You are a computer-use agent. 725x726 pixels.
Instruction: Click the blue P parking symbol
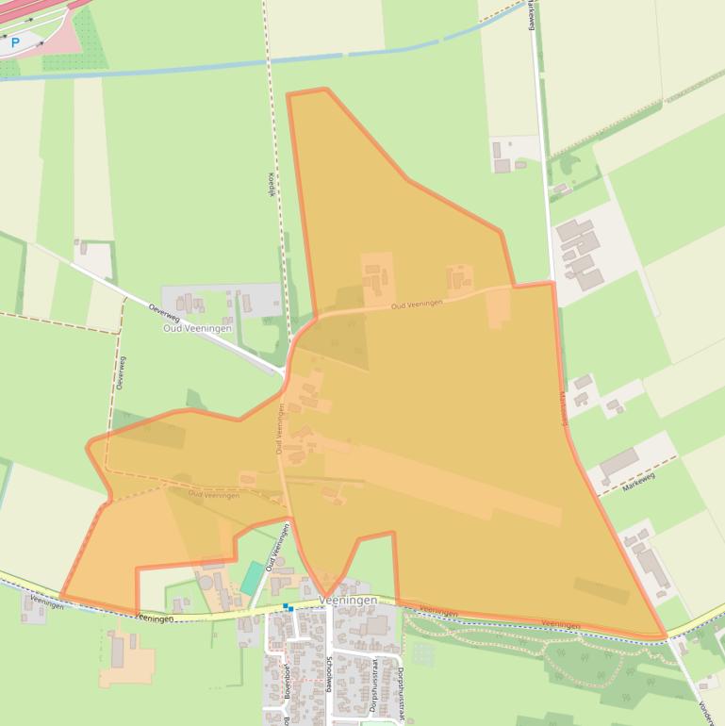(15, 42)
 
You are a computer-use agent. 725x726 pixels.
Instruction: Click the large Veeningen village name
(348, 601)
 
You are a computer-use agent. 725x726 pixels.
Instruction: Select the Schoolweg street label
(329, 674)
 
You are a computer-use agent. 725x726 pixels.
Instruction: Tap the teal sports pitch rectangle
(252, 578)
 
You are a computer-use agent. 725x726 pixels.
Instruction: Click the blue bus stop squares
(288, 607)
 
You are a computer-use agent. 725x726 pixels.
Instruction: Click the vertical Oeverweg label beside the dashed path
(122, 373)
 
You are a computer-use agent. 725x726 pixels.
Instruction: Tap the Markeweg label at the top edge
(533, 15)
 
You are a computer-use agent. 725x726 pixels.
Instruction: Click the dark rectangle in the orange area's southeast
(601, 590)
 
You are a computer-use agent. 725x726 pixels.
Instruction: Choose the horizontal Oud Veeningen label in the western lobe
(213, 494)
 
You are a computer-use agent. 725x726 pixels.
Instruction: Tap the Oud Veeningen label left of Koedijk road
(197, 328)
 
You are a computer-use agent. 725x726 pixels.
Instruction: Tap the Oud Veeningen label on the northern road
(417, 304)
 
